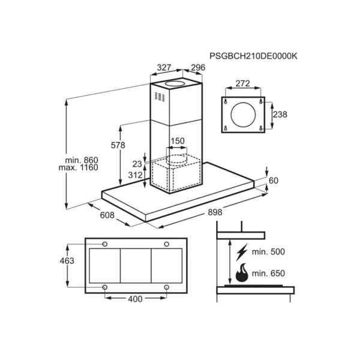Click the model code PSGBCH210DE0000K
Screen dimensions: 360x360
pos(253,56)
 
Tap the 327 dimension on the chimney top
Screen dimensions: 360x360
pos(164,67)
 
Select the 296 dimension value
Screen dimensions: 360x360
pos(198,67)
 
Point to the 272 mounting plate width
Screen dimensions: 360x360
pos(242,83)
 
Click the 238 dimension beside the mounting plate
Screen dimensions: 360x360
pos(280,115)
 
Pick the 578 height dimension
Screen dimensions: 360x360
pos(118,145)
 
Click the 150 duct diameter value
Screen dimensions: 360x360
pos(178,141)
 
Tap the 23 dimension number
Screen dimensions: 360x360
pos(137,164)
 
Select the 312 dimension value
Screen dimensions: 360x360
pos(135,175)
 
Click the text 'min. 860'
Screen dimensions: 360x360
pos(82,160)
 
